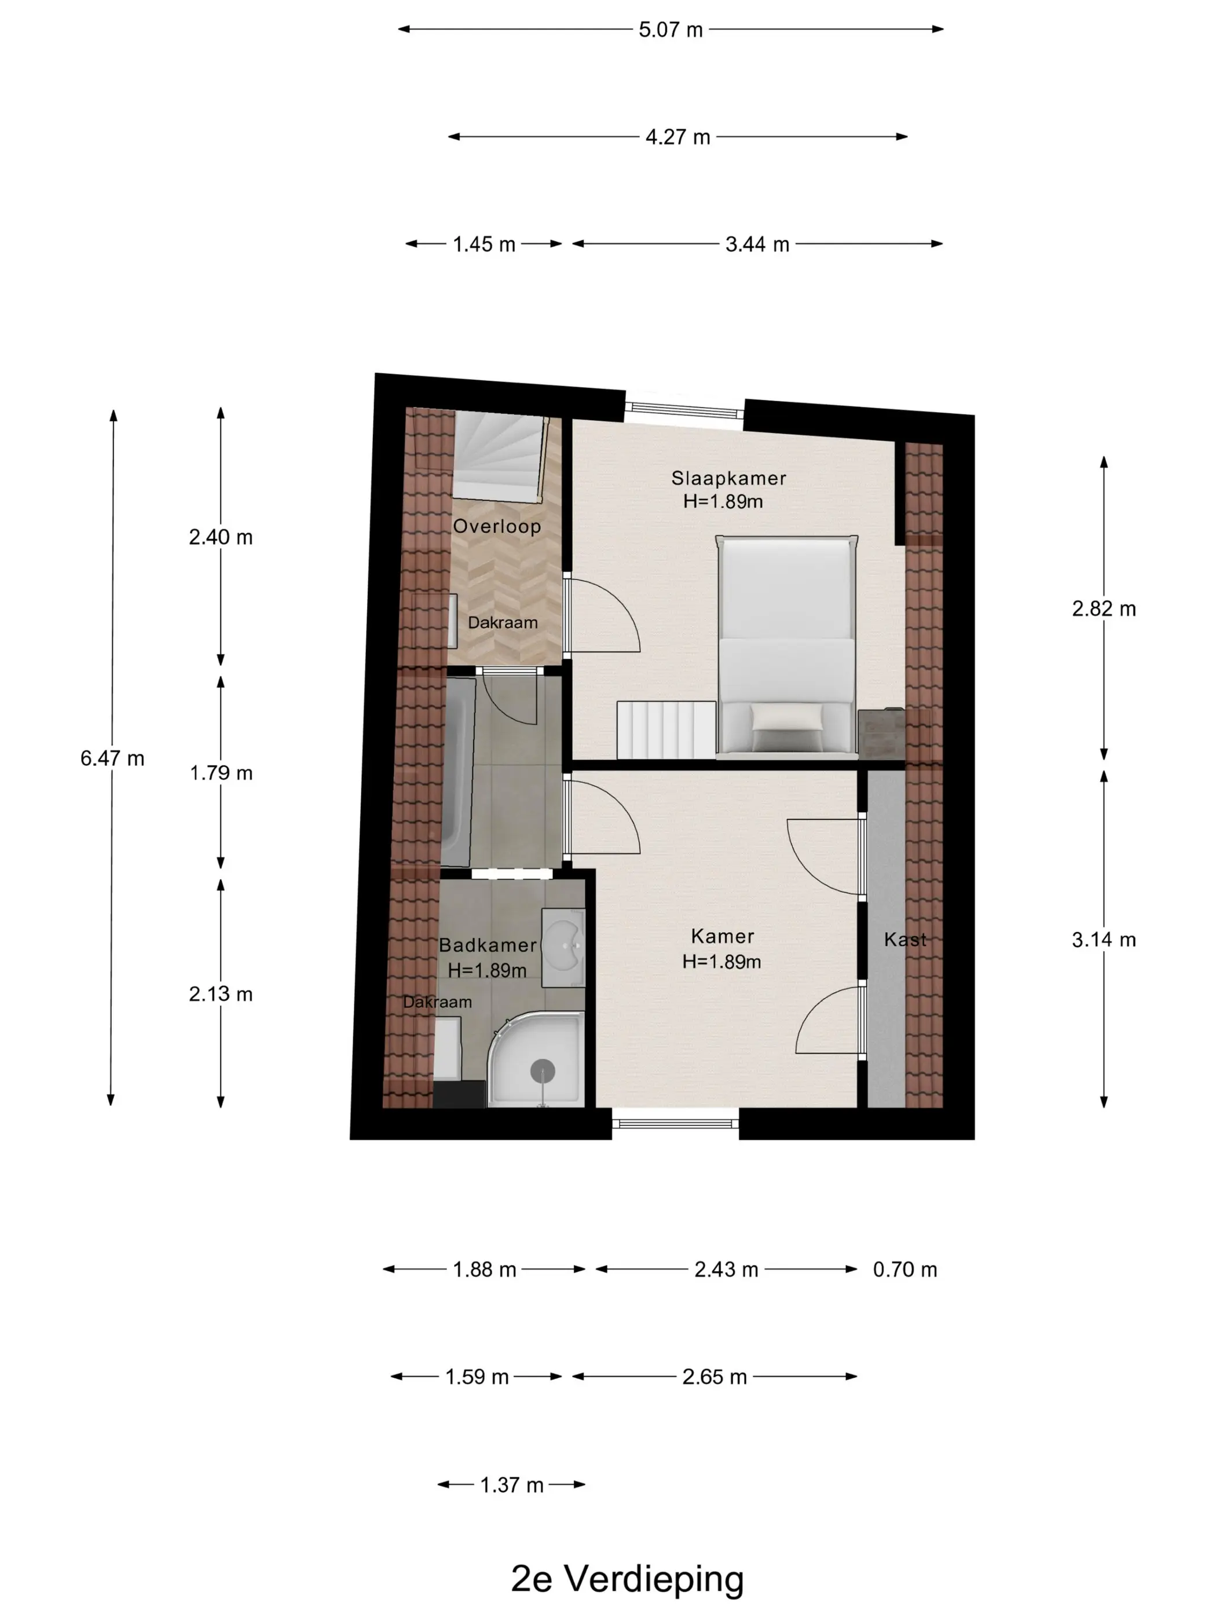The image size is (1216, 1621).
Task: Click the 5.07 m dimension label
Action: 670,30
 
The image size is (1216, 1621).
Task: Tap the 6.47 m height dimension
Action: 112,758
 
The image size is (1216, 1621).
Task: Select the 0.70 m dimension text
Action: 904,1269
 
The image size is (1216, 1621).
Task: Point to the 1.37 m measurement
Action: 512,1485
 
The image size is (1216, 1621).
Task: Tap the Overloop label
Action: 497,526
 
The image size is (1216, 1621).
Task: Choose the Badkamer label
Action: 488,945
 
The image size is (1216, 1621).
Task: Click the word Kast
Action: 905,939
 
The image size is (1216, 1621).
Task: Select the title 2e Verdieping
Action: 628,1579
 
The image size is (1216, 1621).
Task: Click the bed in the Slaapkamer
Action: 786,644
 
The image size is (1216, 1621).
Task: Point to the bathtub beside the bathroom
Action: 457,771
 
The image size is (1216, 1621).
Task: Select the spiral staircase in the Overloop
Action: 500,455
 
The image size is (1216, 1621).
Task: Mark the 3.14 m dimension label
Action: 1103,940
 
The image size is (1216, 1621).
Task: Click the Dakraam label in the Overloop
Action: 503,622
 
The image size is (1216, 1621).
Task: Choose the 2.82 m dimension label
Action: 1103,608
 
